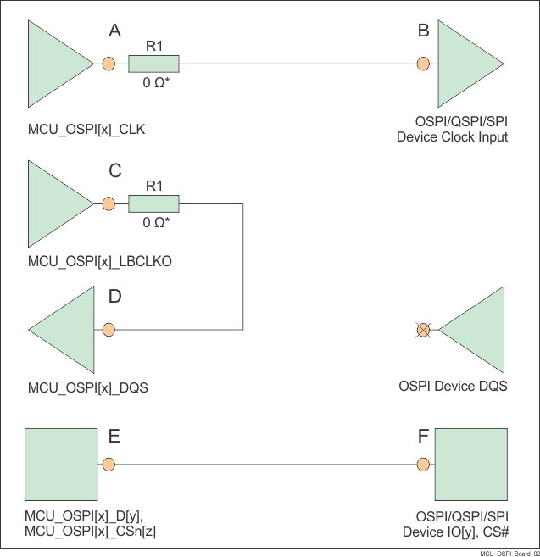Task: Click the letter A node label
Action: point(115,31)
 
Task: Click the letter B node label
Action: point(423,31)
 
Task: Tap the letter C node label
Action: point(115,171)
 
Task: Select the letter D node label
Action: point(115,297)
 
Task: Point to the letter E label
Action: point(114,437)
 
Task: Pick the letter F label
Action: point(423,437)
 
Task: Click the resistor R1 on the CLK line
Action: point(153,64)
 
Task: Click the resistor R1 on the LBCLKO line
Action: point(153,203)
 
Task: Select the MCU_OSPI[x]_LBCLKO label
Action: point(100,262)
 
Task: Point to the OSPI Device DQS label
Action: point(453,387)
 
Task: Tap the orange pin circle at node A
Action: point(108,64)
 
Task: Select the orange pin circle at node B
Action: point(423,64)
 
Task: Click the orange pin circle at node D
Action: point(108,330)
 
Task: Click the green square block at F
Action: point(470,465)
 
